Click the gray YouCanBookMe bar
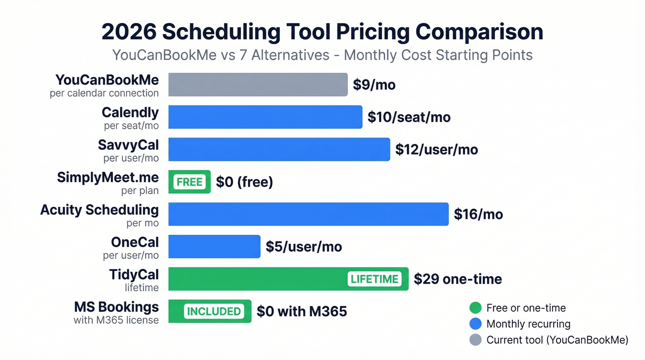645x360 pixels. [258, 85]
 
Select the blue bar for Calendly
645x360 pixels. [265, 117]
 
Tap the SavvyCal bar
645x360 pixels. [279, 149]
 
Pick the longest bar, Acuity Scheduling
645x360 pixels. [308, 214]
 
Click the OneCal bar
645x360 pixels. [214, 247]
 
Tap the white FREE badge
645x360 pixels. [189, 182]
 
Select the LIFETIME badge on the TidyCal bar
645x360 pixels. [374, 279]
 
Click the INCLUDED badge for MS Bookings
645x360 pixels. [213, 311]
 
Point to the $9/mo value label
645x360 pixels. [374, 85]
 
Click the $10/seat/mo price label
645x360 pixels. [409, 118]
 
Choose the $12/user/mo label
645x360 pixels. [436, 150]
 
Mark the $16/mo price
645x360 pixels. [478, 214]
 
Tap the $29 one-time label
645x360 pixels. [457, 279]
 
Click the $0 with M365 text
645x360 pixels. [301, 312]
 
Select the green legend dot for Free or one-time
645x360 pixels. [475, 308]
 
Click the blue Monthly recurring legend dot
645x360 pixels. [475, 324]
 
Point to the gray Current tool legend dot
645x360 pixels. [475, 340]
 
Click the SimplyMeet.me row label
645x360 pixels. [108, 177]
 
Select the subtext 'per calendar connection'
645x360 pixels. [104, 93]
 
